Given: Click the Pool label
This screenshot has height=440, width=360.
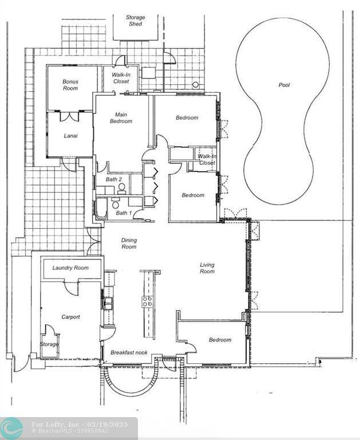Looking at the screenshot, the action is point(284,85).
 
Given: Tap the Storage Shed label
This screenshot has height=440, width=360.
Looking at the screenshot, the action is point(136,21).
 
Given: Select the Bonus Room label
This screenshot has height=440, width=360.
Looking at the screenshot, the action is point(70,85).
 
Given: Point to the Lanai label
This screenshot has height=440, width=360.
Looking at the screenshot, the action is point(70,136).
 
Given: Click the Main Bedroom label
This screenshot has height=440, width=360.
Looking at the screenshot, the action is point(121,118).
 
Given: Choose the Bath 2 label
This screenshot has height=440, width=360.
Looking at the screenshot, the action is point(114,179).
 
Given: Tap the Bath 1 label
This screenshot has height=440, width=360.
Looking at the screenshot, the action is point(124,213).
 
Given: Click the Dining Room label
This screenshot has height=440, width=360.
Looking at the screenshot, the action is point(129,243).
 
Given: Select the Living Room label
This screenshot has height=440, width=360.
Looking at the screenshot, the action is point(207,268).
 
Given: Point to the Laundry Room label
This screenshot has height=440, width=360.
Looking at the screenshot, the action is point(70,268).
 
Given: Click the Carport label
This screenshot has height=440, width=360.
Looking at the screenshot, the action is point(70,317).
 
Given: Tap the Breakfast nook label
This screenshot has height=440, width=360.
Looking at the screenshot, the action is point(129,352).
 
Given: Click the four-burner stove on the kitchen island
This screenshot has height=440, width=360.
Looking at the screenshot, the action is point(147,302).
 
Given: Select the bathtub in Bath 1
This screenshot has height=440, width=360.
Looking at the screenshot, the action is point(101,208).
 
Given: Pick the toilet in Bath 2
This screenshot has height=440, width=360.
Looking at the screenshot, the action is point(121,188).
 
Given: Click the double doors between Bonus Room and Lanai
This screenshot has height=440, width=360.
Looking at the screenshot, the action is point(69,116).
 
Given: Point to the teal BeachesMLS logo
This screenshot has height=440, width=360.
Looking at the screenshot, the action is point(11,428).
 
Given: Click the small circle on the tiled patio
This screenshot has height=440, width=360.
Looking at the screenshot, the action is point(195,84).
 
